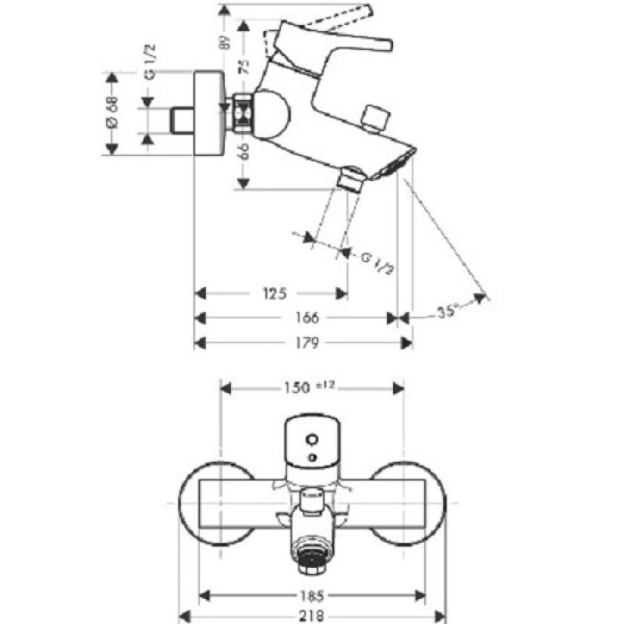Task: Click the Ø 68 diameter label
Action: coord(113,113)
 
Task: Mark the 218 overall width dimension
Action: coord(311,615)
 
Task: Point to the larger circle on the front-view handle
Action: coord(311,439)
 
